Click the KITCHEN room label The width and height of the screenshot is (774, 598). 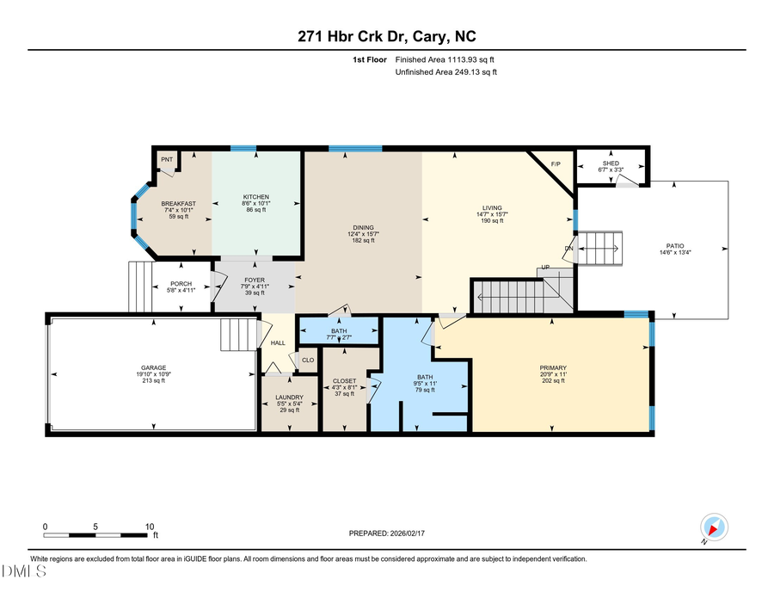click(255, 197)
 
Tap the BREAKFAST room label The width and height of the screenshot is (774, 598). click(179, 202)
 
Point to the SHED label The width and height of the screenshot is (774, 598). click(611, 163)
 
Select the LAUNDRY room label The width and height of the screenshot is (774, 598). click(290, 398)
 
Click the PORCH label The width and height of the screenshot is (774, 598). click(181, 284)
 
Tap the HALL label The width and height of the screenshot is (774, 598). click(278, 342)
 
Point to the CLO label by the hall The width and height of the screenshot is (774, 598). click(307, 360)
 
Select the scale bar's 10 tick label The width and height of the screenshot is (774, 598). click(150, 526)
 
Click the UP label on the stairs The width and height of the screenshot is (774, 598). click(544, 268)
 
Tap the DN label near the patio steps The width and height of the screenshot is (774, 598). click(568, 249)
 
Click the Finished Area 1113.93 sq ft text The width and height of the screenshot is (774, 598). click(445, 59)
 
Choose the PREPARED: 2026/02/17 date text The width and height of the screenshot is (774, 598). click(386, 533)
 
